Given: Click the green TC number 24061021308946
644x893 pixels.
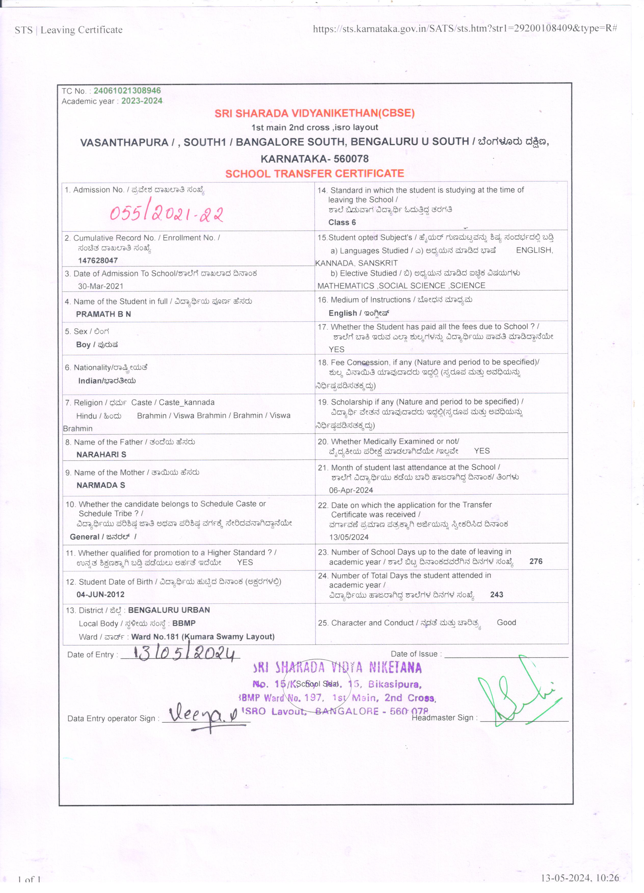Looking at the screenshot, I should pyautogui.click(x=127, y=91).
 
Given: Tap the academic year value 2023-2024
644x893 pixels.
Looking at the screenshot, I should pyautogui.click(x=142, y=101).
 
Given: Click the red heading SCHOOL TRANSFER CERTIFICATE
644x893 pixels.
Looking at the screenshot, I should pyautogui.click(x=314, y=174).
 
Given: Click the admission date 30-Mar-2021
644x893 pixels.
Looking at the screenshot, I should pyautogui.click(x=100, y=286).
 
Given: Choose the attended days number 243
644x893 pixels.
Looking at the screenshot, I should pyautogui.click(x=496, y=595).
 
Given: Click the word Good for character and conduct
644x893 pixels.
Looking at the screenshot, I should pyautogui.click(x=506, y=623).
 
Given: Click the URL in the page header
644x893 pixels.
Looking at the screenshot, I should pyautogui.click(x=465, y=28).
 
